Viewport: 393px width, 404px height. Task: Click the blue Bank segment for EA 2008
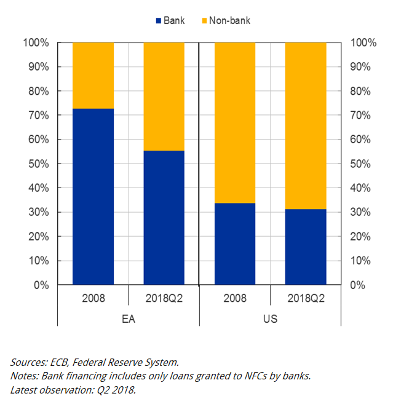pyautogui.click(x=93, y=197)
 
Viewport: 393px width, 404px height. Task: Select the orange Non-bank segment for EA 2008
pyautogui.click(x=93, y=75)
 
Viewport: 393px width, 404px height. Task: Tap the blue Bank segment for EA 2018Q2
pyautogui.click(x=164, y=218)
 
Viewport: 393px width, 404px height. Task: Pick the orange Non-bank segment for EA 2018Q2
pyautogui.click(x=164, y=96)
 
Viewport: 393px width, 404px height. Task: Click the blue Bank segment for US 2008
pyautogui.click(x=234, y=244)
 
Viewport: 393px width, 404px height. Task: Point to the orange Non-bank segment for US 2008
pyautogui.click(x=234, y=122)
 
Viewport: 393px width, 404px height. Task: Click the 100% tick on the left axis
pyautogui.click(x=36, y=42)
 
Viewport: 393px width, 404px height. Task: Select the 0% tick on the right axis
pyautogui.click(x=357, y=285)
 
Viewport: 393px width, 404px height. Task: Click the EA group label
pyautogui.click(x=129, y=319)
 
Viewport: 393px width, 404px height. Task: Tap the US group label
pyautogui.click(x=270, y=319)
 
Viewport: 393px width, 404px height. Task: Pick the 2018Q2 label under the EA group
pyautogui.click(x=164, y=299)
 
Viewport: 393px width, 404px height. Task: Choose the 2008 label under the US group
pyautogui.click(x=234, y=299)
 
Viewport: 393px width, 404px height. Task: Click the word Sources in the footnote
pyautogui.click(x=30, y=362)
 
